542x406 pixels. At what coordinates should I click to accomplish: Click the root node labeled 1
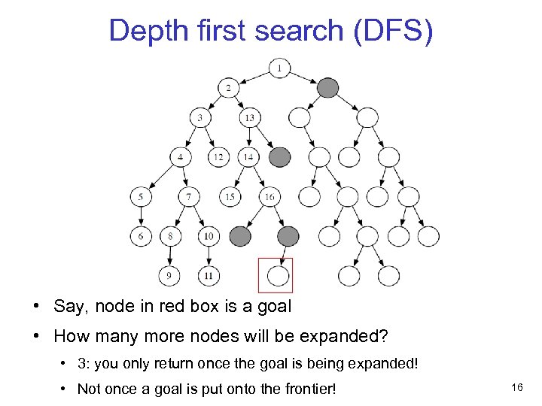(x=279, y=69)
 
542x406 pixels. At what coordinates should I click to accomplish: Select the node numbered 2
(x=229, y=88)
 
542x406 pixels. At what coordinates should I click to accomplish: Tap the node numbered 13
(x=249, y=118)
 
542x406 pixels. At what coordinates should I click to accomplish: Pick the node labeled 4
(x=181, y=157)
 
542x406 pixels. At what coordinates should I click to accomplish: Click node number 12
(x=218, y=157)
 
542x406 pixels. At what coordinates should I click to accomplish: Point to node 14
(x=249, y=157)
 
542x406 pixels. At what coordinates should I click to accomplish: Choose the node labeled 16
(x=269, y=197)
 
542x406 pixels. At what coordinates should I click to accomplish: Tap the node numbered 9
(x=169, y=276)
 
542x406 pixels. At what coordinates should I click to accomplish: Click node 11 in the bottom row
(x=209, y=276)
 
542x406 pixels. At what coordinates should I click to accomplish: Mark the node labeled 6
(x=140, y=236)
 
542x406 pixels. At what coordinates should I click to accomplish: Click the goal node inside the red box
(x=278, y=276)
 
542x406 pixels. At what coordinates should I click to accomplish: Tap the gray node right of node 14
(x=279, y=157)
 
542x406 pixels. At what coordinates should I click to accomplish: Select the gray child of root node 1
(x=328, y=88)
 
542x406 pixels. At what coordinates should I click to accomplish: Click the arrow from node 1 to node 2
(x=254, y=78)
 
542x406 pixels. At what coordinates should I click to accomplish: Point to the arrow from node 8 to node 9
(x=169, y=256)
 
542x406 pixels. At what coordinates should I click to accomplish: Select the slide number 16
(x=516, y=386)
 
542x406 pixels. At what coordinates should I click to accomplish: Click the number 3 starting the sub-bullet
(x=81, y=364)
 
